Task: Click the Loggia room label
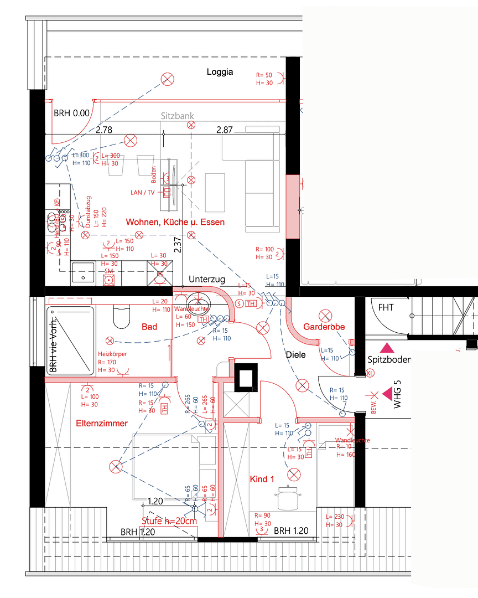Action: click(220, 72)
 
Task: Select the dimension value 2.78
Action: click(104, 130)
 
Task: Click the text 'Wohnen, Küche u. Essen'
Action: click(175, 222)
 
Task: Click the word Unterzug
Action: click(206, 279)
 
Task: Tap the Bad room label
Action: click(149, 327)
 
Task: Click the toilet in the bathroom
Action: click(120, 316)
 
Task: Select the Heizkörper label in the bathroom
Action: click(112, 353)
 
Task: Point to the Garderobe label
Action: click(324, 327)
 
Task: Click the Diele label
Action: click(296, 355)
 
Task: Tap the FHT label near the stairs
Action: click(386, 307)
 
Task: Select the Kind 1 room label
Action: click(262, 479)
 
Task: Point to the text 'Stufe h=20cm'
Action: click(169, 521)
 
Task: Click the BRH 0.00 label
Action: click(71, 113)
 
